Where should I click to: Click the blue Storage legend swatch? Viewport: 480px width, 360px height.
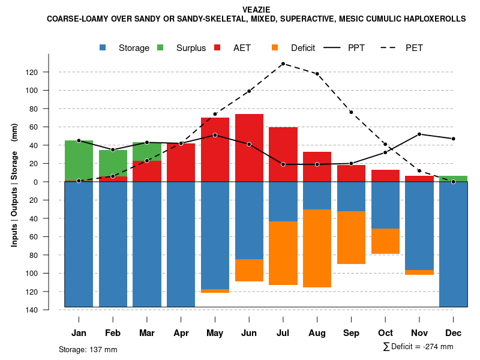(x=103, y=47)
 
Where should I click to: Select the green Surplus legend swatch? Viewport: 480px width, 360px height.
(x=160, y=47)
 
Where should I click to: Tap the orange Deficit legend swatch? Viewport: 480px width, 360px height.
(x=275, y=47)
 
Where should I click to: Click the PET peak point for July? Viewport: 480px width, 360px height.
(x=283, y=64)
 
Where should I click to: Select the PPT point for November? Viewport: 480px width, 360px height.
(x=419, y=134)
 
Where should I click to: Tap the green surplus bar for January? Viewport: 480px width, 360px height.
(x=79, y=161)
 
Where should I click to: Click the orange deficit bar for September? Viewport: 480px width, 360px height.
(x=351, y=238)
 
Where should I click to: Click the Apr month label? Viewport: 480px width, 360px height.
(x=181, y=333)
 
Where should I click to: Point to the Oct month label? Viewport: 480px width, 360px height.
(x=385, y=333)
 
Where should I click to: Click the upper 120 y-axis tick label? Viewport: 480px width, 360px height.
(x=49, y=73)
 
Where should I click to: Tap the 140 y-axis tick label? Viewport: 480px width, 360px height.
(x=49, y=310)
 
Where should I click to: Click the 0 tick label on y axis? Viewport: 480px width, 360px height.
(x=52, y=182)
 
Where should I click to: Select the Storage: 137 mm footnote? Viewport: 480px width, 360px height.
(x=88, y=349)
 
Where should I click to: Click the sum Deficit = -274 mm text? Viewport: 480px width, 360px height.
(x=418, y=347)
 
